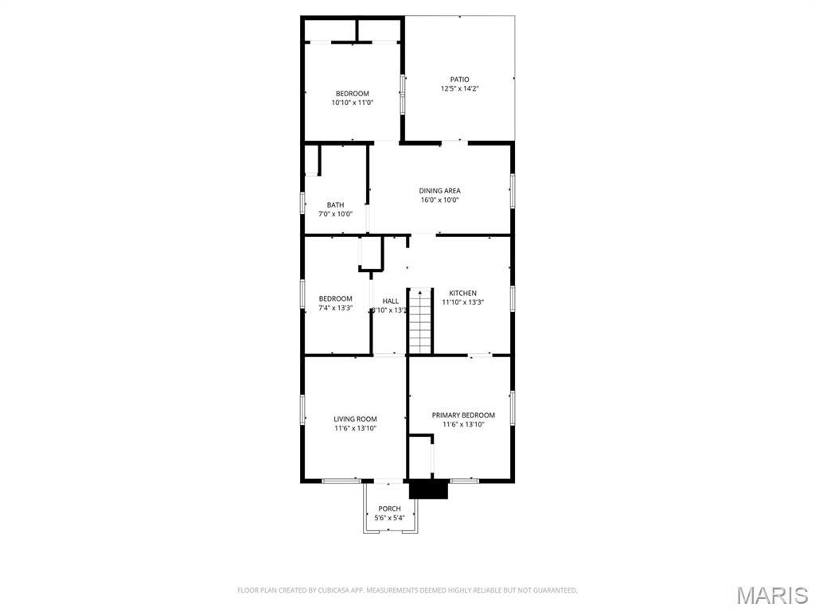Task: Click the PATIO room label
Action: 459,80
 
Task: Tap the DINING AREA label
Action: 439,191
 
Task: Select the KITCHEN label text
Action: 462,294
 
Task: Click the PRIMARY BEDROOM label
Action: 463,415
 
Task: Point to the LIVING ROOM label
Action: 355,419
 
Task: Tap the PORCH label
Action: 389,509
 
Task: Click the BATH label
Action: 335,205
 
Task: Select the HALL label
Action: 390,302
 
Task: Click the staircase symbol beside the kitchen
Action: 420,321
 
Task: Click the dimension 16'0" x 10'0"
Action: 439,200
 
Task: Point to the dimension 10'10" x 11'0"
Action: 352,103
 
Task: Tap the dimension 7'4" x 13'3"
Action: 335,308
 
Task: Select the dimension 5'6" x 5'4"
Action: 389,518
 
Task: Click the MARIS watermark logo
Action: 772,595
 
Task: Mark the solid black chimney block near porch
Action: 428,488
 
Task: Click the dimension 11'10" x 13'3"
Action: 462,302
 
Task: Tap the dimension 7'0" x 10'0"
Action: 335,214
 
